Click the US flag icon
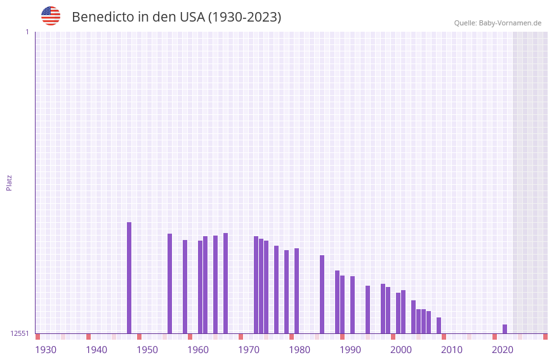click(x=51, y=16)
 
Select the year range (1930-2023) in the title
click(x=245, y=17)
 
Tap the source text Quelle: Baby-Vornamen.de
click(x=498, y=23)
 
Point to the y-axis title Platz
click(x=9, y=182)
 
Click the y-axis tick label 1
click(x=27, y=32)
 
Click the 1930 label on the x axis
click(x=46, y=350)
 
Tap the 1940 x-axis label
click(x=96, y=350)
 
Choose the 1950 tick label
click(x=147, y=350)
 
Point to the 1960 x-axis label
click(x=198, y=350)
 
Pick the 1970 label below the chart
click(x=249, y=350)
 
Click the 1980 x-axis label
click(x=300, y=350)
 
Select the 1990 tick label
click(x=350, y=350)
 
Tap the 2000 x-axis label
click(x=401, y=350)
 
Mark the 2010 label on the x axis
click(x=452, y=350)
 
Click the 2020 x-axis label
click(x=503, y=350)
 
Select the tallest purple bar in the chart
click(x=129, y=277)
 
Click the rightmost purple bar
click(x=505, y=329)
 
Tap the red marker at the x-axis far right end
click(x=545, y=337)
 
